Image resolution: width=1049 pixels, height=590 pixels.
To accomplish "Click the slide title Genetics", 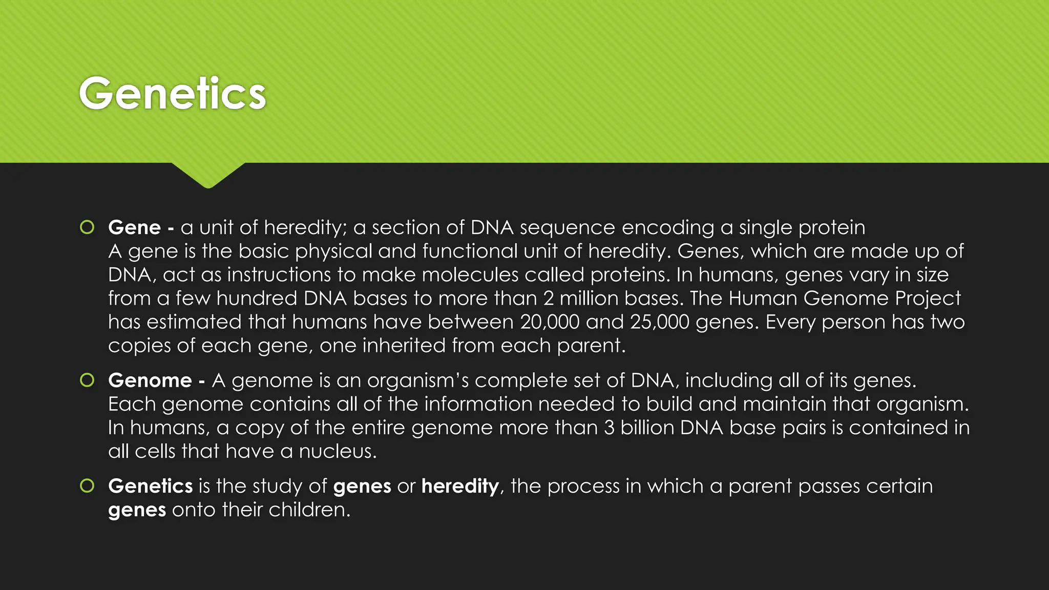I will click(x=173, y=93).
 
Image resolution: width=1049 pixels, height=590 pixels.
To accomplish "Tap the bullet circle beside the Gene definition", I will click(x=87, y=227).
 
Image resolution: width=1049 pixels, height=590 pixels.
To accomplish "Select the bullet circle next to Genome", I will click(x=87, y=380).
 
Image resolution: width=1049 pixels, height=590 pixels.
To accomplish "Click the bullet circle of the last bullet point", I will click(x=87, y=486).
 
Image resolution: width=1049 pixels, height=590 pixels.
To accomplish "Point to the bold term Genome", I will click(x=150, y=380).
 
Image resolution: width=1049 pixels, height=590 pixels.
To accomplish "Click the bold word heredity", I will click(x=460, y=486).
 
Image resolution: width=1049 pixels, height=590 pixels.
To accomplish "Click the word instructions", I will click(x=279, y=275).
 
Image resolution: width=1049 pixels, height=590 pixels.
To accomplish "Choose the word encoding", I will click(x=668, y=227).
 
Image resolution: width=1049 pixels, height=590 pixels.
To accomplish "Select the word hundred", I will click(x=257, y=298).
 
